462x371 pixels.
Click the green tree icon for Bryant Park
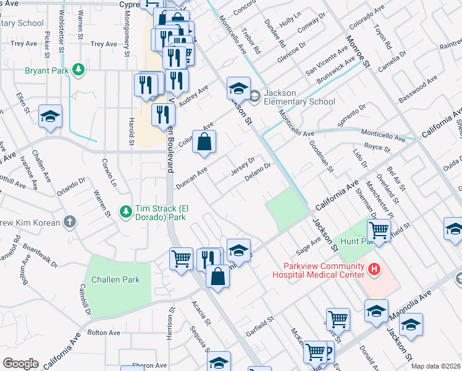point(78,70)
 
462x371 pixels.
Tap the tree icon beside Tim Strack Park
point(125,212)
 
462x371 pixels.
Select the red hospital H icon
point(373,270)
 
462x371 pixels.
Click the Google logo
point(20,364)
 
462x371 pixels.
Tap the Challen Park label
point(115,279)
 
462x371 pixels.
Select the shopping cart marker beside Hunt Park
point(379,231)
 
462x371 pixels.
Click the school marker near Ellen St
point(51,116)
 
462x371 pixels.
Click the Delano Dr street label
point(258,172)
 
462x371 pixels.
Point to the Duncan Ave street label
point(191,177)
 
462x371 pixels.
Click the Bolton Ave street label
point(103,333)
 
